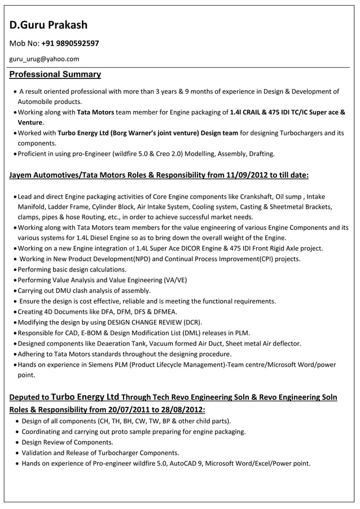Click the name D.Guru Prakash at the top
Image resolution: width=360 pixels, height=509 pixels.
tap(48, 25)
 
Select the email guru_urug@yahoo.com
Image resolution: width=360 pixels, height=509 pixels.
tap(44, 59)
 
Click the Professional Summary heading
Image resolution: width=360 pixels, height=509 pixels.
tap(55, 74)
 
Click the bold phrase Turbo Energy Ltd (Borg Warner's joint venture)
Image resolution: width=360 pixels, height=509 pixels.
tap(128, 133)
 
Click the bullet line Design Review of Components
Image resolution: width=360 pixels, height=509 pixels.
tap(67, 442)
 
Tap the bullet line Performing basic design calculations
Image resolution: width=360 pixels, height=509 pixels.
tap(72, 269)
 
